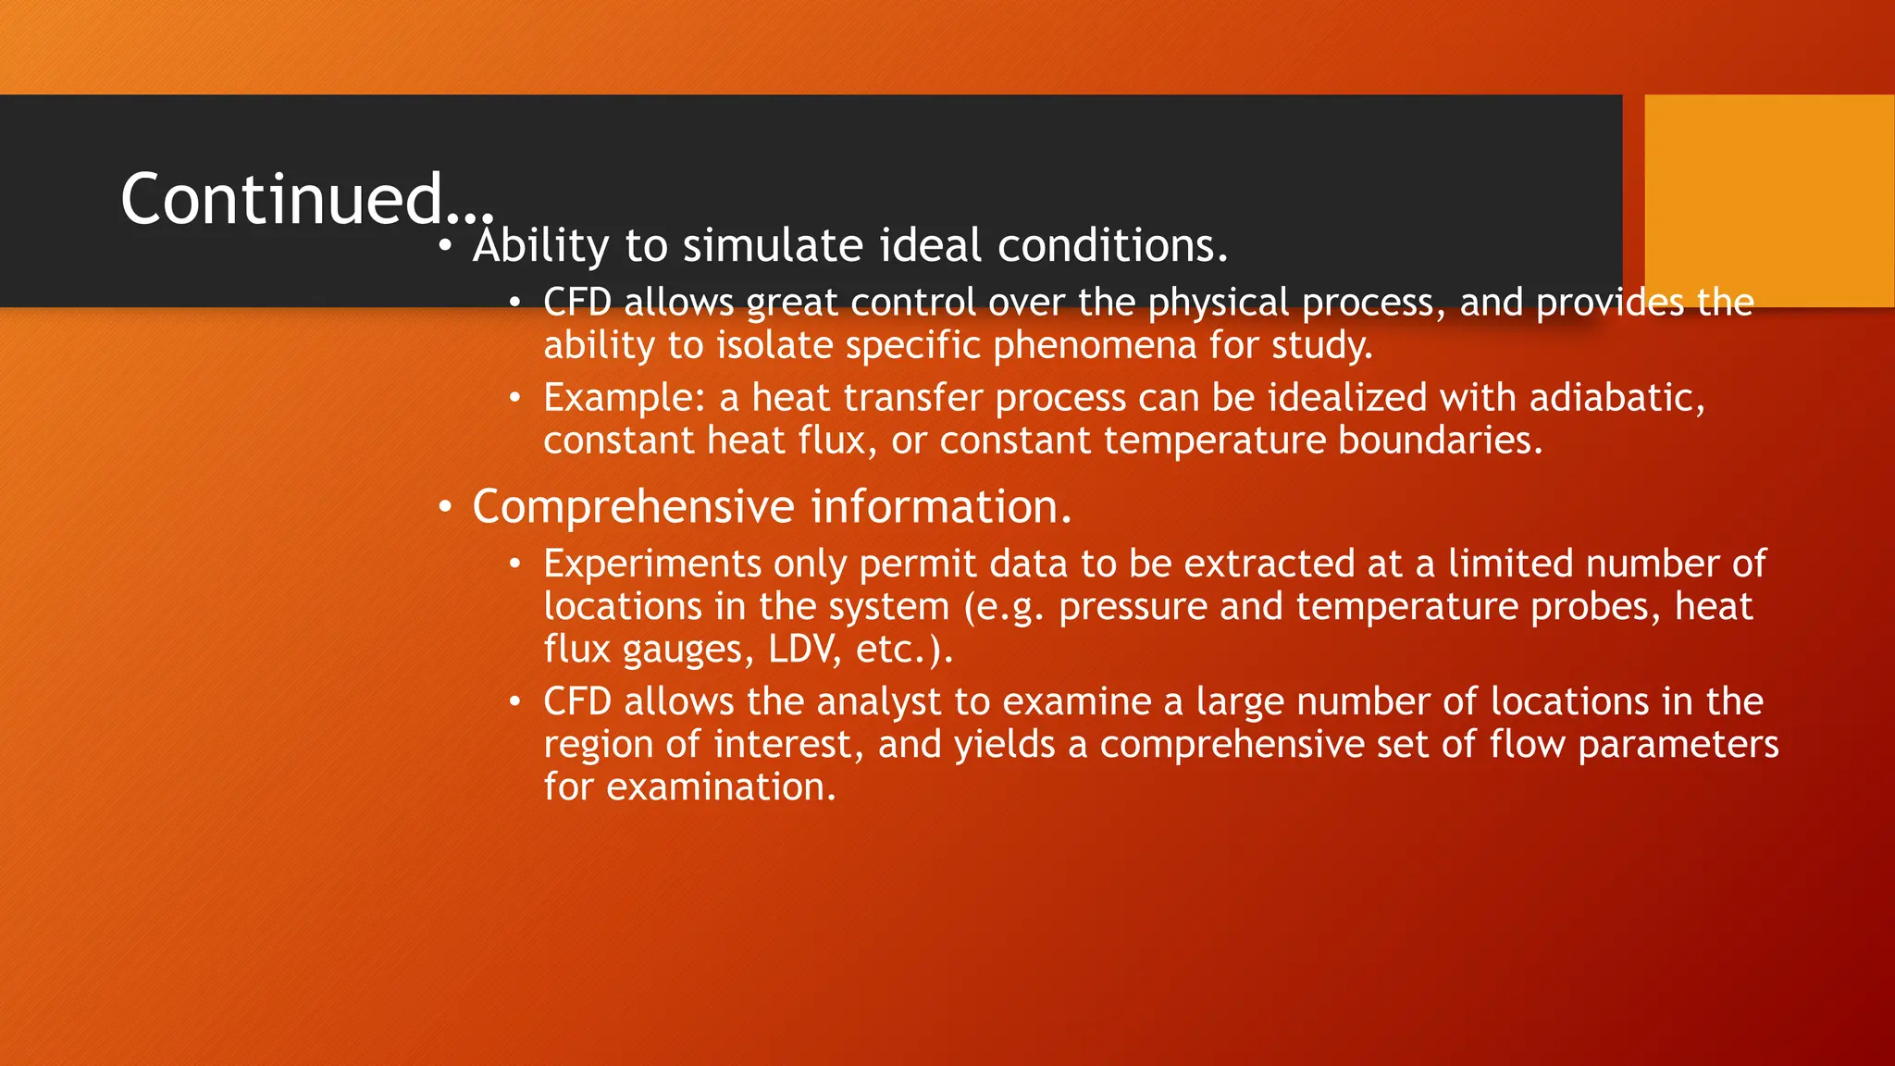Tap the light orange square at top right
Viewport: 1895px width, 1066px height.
(x=1768, y=200)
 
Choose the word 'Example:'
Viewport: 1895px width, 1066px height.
(x=625, y=398)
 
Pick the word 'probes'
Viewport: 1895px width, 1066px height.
(x=1595, y=607)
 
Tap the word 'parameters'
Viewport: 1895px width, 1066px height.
(x=1678, y=745)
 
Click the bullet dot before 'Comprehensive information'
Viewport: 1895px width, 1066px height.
(x=446, y=508)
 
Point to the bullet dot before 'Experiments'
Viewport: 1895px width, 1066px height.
(x=515, y=564)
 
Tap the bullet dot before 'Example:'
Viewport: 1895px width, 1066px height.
(x=515, y=398)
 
